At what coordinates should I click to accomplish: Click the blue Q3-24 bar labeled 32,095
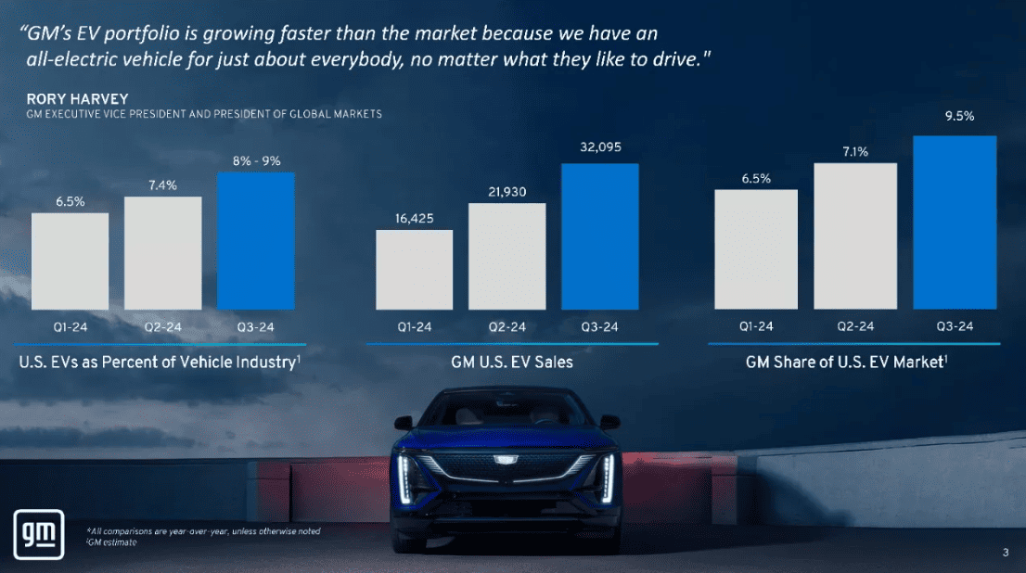point(599,236)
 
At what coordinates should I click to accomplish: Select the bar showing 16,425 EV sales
point(414,269)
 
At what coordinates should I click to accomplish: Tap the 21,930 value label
point(507,191)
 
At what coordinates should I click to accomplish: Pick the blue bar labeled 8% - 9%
point(255,240)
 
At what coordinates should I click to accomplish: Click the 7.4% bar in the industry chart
point(162,252)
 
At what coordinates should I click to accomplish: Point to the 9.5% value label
point(959,118)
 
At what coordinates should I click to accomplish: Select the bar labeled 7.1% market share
point(855,236)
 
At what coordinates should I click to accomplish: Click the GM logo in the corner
point(37,535)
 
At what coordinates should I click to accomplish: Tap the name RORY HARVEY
point(64,99)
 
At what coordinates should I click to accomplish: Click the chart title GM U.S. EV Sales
point(506,363)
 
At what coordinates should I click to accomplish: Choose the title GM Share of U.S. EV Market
point(845,363)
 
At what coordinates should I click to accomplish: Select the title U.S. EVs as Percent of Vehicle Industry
point(158,363)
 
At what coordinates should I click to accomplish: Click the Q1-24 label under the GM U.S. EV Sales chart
point(414,326)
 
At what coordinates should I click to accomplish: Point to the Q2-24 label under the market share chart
point(855,326)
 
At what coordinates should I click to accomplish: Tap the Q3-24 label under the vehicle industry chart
point(255,326)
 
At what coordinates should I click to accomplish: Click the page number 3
point(1006,554)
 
